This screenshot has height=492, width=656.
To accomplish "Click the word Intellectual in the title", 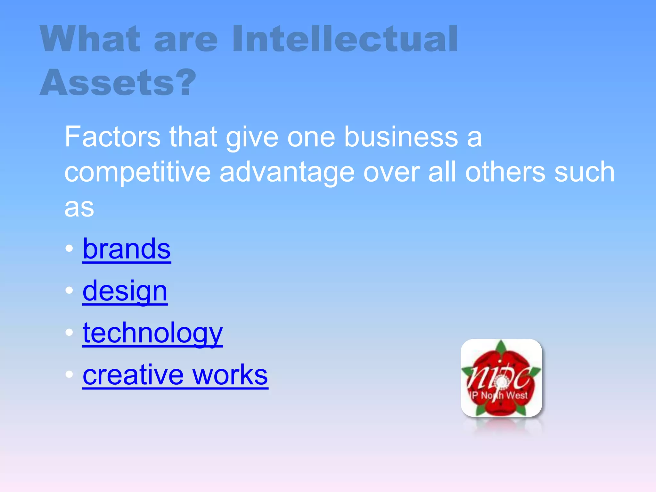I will pos(345,39).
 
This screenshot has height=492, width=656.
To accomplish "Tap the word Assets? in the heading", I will pos(118,82).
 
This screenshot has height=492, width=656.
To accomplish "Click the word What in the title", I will pos(90,39).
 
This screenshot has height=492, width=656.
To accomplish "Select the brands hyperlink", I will pos(127,249).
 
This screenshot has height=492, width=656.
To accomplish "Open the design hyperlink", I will pos(125,291).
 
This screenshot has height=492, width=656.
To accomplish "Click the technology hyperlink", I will pos(152,333).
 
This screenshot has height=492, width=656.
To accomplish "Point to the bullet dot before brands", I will pos(69,249).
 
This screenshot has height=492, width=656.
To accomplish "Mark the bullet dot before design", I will pos(69,291).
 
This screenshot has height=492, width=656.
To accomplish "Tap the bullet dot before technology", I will pos(69,332).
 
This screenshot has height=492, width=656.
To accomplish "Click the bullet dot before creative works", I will pos(69,374).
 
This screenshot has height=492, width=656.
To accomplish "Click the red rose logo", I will pos(501,378).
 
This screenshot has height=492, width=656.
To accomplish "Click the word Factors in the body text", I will pos(112,137).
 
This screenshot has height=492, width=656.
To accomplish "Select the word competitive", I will pos(137,172).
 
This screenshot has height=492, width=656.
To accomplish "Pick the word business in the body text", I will pos(401,137).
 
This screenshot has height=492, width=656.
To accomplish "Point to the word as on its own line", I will pos(79,208).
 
